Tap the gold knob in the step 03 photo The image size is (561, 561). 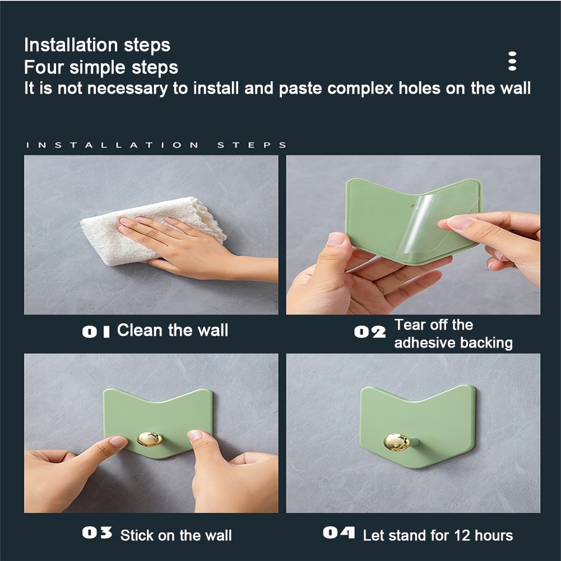(149, 438)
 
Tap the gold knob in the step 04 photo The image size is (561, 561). (397, 442)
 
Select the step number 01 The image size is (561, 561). (96, 331)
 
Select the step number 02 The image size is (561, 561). (370, 332)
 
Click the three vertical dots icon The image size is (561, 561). (512, 61)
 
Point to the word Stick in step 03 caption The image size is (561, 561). (137, 535)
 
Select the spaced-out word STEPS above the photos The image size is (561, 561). (252, 145)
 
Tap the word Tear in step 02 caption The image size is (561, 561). (409, 324)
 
